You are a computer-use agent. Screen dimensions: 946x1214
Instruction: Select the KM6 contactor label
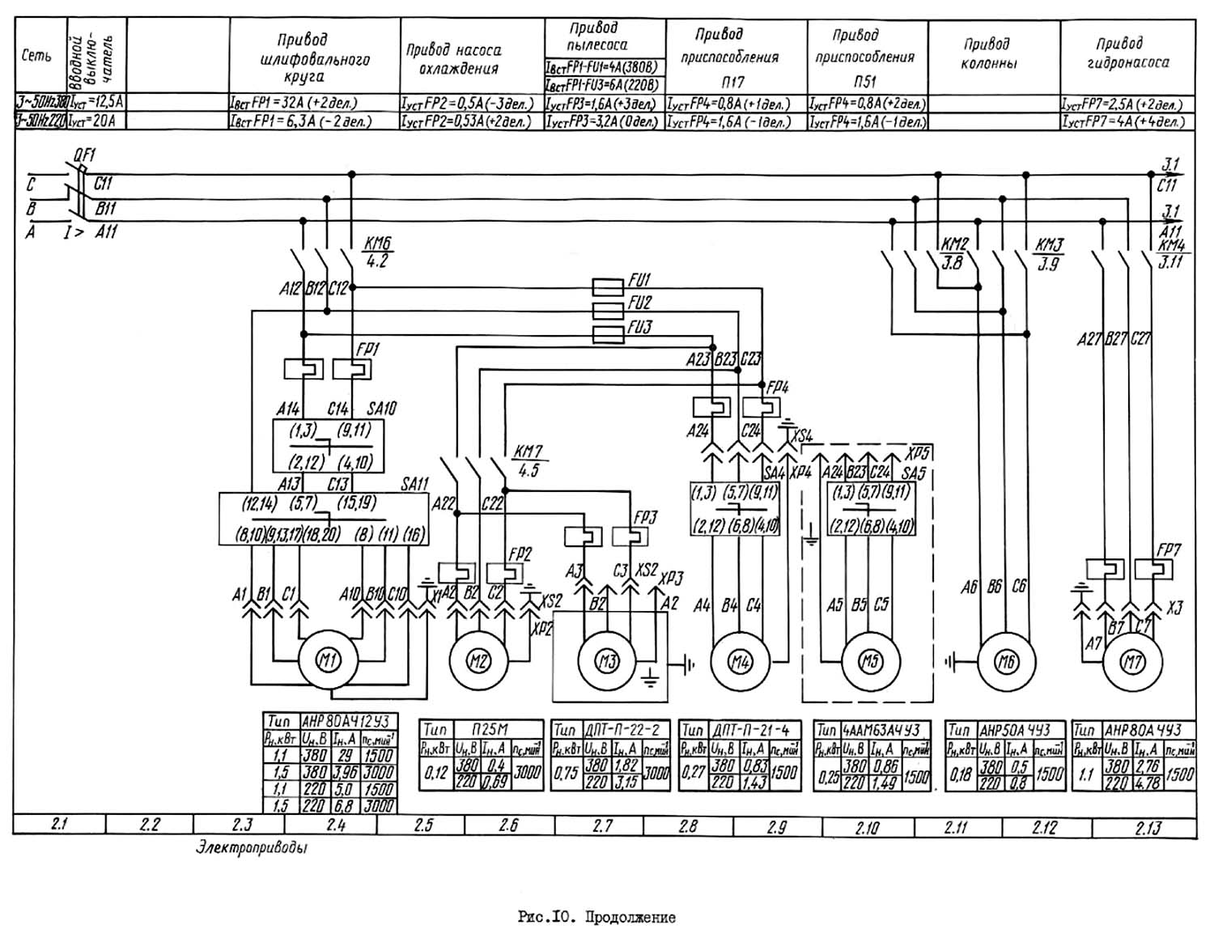[x=377, y=243]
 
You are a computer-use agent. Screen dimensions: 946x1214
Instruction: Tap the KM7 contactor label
[x=528, y=451]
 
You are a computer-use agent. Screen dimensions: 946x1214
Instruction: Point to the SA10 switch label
[x=383, y=409]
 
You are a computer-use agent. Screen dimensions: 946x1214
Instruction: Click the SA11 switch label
[x=414, y=483]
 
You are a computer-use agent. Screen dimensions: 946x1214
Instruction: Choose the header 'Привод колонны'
[x=988, y=53]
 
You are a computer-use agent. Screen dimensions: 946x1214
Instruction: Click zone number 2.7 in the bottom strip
[x=602, y=826]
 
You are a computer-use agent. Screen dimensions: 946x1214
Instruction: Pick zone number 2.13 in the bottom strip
[x=1148, y=827]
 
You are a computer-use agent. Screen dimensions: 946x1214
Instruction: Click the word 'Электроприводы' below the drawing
[x=251, y=849]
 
